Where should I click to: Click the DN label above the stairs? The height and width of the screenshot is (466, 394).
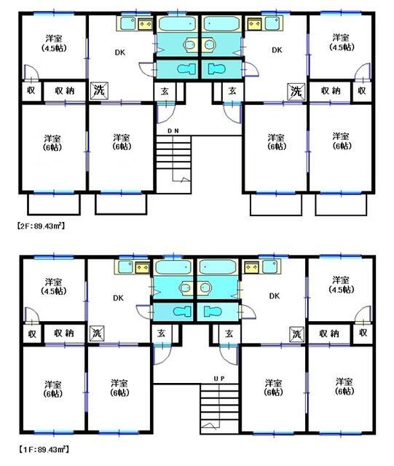click(173, 131)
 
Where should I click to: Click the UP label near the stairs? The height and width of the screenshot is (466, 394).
click(219, 379)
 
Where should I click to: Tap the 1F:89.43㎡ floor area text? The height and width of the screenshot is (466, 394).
click(44, 449)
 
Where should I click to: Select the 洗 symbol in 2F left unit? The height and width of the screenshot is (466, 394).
click(99, 90)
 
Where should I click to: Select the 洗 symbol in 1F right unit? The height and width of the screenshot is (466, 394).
click(296, 333)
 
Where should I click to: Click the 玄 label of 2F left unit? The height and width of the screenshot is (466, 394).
click(165, 91)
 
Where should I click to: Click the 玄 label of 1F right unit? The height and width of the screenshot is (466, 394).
click(229, 333)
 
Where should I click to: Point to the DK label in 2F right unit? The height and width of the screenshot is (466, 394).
click(277, 50)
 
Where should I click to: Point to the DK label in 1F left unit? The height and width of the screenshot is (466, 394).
click(118, 298)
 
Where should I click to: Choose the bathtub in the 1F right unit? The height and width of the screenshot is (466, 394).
click(218, 267)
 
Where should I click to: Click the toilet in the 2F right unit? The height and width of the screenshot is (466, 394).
click(217, 69)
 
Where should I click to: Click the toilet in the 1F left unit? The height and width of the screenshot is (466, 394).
click(181, 312)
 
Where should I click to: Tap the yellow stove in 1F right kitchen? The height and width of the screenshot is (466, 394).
click(251, 267)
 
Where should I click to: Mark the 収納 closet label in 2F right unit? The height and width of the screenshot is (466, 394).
click(331, 90)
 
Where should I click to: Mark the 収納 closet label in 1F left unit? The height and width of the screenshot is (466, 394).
click(64, 333)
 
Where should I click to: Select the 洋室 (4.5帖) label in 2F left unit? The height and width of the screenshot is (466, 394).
click(54, 44)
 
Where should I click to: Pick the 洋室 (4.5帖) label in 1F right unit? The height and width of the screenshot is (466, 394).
click(342, 285)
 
